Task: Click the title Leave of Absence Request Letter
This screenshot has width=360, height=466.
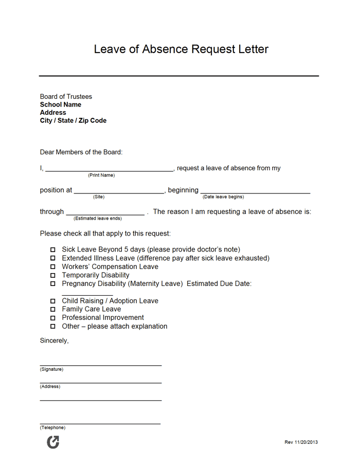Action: pos(181,49)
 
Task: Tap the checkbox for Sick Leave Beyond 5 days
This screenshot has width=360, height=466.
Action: pos(52,250)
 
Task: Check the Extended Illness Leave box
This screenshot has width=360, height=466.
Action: pos(52,258)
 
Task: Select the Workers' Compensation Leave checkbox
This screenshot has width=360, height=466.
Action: pos(52,267)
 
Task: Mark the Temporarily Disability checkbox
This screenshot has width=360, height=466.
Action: pos(52,276)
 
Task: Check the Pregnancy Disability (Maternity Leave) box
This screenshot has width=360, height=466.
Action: pos(52,284)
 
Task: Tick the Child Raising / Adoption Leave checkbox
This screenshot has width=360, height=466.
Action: pos(52,301)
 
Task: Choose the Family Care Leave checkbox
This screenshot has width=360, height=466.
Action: pos(52,310)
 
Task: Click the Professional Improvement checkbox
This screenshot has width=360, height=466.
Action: pos(52,318)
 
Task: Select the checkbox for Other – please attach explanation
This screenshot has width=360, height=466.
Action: pos(52,327)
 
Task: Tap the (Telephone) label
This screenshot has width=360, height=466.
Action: pos(52,428)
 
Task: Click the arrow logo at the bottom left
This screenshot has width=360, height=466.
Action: pos(53,442)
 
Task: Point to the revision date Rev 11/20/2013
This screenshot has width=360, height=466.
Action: pos(301,442)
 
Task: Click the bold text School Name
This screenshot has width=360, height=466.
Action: pos(61,104)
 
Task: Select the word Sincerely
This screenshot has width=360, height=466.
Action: pos(54,340)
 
